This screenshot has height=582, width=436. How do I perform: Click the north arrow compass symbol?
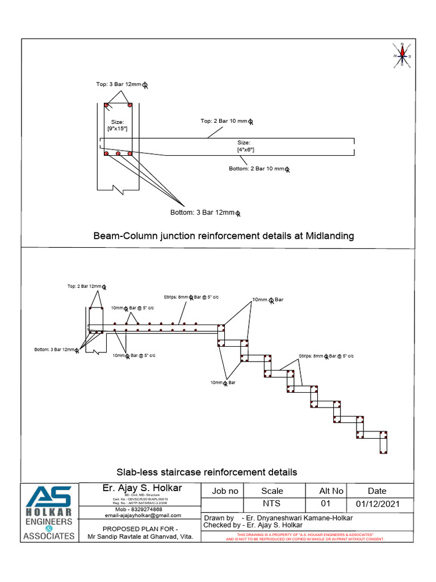click(402, 55)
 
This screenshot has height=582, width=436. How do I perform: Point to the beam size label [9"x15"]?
click(118, 126)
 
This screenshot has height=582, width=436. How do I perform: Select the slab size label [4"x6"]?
click(245, 146)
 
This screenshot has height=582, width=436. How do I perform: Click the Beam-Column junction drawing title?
click(223, 236)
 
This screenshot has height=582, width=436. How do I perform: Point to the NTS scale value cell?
click(271, 504)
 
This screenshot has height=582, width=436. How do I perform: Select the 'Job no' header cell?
click(225, 490)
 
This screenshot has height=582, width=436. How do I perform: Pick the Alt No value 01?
click(325, 504)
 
